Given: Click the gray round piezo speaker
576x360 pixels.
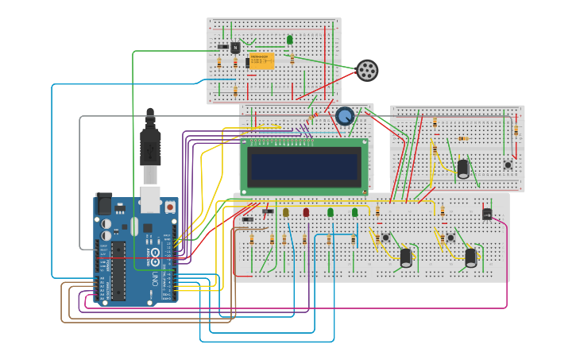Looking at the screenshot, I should click(x=366, y=71).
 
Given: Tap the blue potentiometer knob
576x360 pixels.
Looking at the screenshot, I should click(x=345, y=117).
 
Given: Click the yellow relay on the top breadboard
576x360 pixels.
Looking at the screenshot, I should click(x=261, y=61).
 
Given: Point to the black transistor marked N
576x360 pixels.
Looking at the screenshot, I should click(x=234, y=48).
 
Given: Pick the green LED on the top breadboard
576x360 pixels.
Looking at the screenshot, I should click(x=290, y=39).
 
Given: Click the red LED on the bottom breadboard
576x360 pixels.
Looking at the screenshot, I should click(x=306, y=212).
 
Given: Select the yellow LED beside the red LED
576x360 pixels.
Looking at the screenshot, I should click(x=286, y=212).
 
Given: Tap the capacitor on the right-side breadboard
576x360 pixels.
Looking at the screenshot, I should click(x=462, y=168).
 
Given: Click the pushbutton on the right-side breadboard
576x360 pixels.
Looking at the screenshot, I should click(x=507, y=165).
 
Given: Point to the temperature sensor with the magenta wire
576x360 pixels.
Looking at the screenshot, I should click(x=487, y=213).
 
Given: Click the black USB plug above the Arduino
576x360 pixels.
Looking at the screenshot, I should click(x=151, y=147).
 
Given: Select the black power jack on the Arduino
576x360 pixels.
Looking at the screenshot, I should click(x=104, y=205).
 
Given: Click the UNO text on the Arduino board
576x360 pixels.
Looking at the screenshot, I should click(x=155, y=279).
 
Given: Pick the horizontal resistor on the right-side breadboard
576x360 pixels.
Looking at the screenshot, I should click(x=463, y=138).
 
